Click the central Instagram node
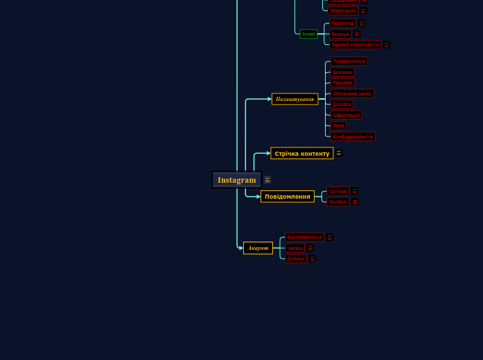[236, 180]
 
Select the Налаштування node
[295, 99]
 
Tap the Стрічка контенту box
[301, 153]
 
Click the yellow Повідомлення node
[287, 197]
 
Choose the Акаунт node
[258, 248]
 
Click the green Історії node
[308, 34]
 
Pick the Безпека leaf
[342, 72]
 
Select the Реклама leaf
[342, 83]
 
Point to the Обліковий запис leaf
[352, 93]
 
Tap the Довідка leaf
[342, 105]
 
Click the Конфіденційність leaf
[352, 136]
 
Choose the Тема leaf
[337, 126]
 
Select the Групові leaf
[337, 191]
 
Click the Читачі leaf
[295, 248]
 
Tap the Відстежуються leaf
[304, 237]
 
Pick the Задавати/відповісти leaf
[355, 45]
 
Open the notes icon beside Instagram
[267, 180]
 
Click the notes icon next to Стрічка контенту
[339, 153]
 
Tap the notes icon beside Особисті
[355, 202]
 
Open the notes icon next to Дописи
[312, 259]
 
